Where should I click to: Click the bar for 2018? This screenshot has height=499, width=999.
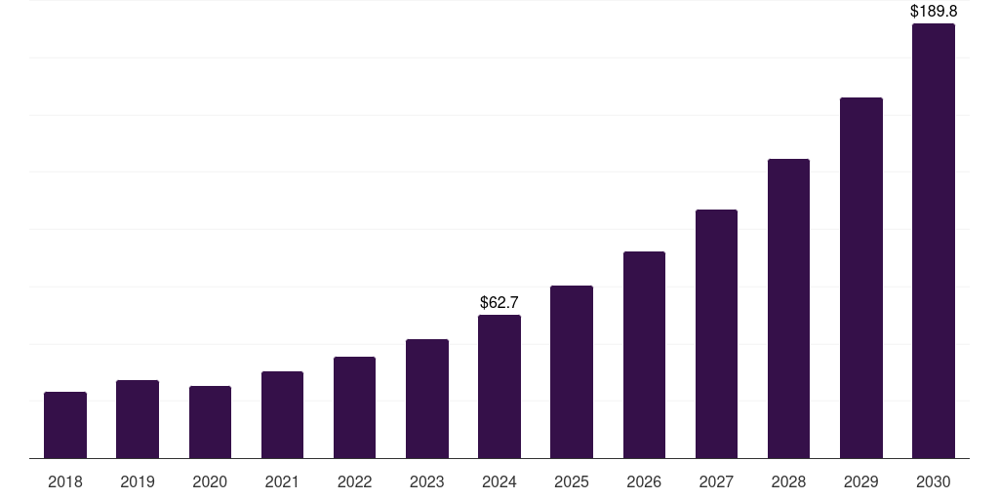pos(65,425)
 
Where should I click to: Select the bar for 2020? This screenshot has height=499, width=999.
pos(210,422)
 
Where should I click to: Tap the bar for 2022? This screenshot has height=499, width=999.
pos(354,407)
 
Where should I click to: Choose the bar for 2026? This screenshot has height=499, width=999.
pos(644,355)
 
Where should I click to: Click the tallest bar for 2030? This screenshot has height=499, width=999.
pos(933,241)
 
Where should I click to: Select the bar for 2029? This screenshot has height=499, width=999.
pos(860,278)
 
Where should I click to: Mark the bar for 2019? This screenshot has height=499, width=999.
pos(138,419)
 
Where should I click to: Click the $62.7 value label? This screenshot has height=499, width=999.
pos(499,303)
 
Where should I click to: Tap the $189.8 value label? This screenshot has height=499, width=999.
pos(933,12)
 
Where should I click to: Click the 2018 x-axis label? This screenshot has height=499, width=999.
pos(65,481)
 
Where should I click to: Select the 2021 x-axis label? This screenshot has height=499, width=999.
pos(282,481)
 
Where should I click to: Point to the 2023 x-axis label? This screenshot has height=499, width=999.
pos(426,481)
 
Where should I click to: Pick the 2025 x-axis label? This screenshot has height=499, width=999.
pos(572,481)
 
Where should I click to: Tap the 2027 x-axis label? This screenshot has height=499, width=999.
pos(716,481)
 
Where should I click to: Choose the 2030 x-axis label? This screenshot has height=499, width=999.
pos(933,481)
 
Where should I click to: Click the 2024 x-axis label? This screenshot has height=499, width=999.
pos(499,481)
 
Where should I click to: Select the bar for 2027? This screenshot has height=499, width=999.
pos(716,333)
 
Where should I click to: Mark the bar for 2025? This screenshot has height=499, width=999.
pos(572,371)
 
